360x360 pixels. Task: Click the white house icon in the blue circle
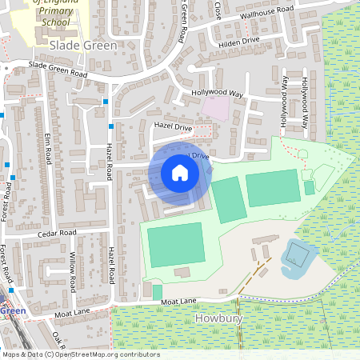click(x=180, y=172)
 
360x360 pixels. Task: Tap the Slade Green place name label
click(x=83, y=46)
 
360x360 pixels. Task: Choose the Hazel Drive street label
click(x=173, y=127)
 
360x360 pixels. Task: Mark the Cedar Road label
click(x=56, y=233)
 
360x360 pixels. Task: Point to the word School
click(x=56, y=23)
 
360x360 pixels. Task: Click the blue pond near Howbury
click(x=297, y=256)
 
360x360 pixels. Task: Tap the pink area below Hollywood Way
click(x=214, y=107)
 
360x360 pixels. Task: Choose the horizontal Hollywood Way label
click(x=217, y=94)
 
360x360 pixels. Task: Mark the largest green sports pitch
click(x=175, y=243)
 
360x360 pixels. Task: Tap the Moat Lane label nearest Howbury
click(x=178, y=302)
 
